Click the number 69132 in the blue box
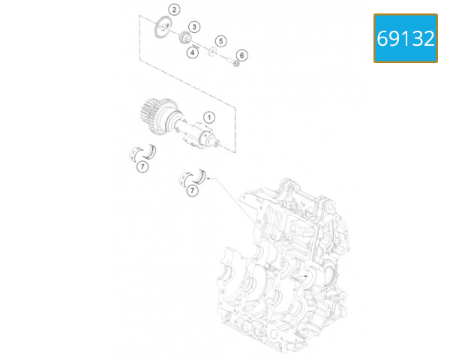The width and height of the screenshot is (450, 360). [x=406, y=38]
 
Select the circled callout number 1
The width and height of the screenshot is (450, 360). [x=209, y=116]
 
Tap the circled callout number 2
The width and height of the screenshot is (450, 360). [x=173, y=10]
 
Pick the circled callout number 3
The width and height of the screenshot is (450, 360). [x=193, y=26]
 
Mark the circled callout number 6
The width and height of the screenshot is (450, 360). [x=241, y=55]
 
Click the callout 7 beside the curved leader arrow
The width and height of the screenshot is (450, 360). [x=193, y=192]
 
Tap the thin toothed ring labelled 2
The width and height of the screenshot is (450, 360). [x=162, y=26]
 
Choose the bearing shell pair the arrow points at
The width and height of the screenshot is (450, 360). [x=195, y=178]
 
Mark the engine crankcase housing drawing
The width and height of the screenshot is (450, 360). [x=285, y=270]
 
